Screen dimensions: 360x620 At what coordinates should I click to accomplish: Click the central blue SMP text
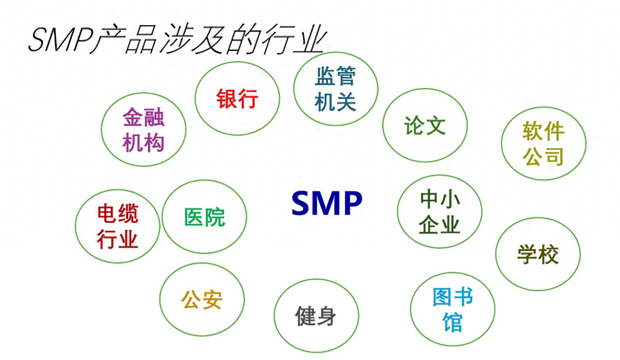pos(327,204)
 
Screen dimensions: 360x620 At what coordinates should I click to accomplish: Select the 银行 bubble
pos(237,99)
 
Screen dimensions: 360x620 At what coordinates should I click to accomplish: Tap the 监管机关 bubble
pos(335,89)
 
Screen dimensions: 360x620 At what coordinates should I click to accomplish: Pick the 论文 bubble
pos(425,126)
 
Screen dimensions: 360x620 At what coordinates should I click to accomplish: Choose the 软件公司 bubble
pos(543,144)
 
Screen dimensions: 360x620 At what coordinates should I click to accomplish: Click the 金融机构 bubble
pos(144,130)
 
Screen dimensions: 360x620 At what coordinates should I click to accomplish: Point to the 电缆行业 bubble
pos(117,226)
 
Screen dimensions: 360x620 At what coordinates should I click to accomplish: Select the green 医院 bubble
pos(204,217)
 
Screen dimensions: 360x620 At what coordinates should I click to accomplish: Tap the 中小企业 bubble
pos(440,211)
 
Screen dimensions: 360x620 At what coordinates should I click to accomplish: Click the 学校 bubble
pos(538,255)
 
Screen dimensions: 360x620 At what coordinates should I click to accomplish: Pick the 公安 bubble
pos(202,300)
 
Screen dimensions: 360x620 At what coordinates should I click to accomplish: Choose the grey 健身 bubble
pos(316,315)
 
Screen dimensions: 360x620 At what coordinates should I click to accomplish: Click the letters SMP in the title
pos(59,41)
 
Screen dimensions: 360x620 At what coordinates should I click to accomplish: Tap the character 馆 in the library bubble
pos(452,322)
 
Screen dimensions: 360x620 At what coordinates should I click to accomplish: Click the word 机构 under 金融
pos(144,143)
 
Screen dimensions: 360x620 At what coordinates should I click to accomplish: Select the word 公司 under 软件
pos(543,156)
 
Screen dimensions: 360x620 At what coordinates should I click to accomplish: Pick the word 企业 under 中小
pos(440,225)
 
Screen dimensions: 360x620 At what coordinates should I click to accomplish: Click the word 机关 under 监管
pos(335,102)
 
